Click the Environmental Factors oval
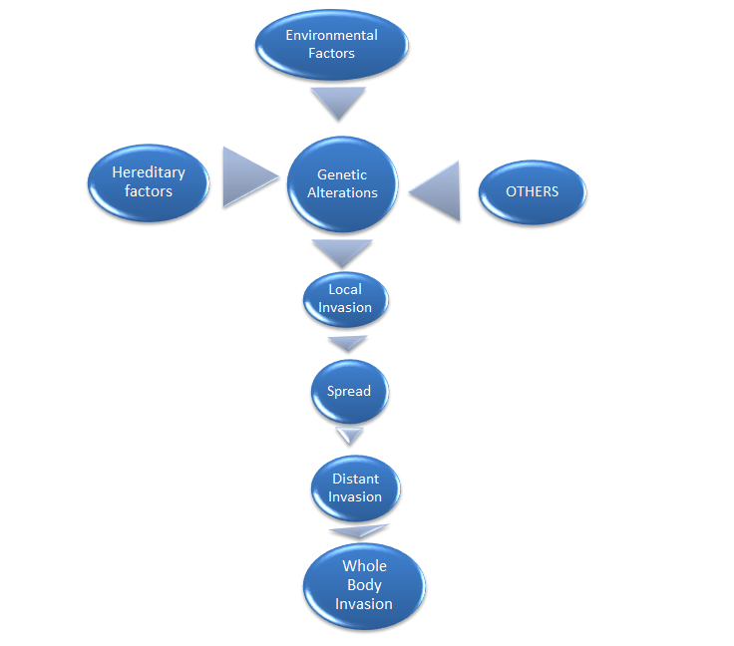(x=331, y=45)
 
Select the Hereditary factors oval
(x=149, y=182)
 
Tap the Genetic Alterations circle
(x=342, y=183)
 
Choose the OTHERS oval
(x=532, y=191)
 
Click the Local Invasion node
(x=345, y=299)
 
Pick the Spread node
(x=349, y=391)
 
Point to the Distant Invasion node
(x=355, y=487)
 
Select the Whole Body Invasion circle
(x=364, y=585)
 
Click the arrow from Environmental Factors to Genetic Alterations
(x=337, y=101)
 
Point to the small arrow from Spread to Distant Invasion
(x=350, y=436)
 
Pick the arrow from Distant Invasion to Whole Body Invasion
(x=359, y=531)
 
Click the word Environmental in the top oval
(x=331, y=35)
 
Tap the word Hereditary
(x=149, y=172)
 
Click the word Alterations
(x=342, y=192)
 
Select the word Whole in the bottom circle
(x=364, y=566)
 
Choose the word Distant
(x=355, y=479)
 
